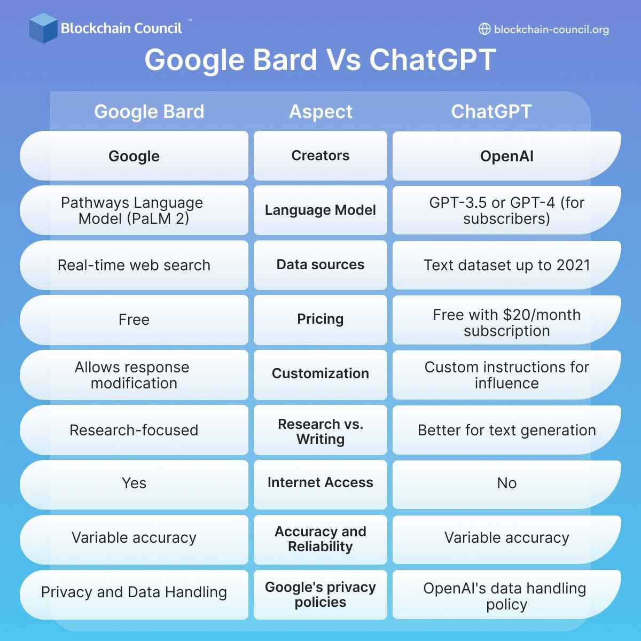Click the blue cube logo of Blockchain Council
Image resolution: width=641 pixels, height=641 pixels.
tap(43, 28)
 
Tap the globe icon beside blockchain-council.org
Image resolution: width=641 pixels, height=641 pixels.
tap(484, 29)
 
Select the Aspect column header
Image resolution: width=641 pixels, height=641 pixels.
tap(320, 112)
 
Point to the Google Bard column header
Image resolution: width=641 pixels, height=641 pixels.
tap(149, 112)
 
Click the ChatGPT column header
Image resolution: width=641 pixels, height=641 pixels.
tap(491, 112)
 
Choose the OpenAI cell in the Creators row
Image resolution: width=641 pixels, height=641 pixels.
tap(506, 156)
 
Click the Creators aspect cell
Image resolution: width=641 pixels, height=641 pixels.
tap(320, 155)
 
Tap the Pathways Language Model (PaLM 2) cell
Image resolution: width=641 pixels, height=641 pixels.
tap(134, 210)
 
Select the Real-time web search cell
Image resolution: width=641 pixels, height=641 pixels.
tap(134, 265)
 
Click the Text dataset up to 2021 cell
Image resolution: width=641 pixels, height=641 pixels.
tap(506, 265)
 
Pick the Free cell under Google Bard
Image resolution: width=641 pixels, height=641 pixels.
tap(134, 319)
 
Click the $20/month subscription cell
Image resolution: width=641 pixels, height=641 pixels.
tap(506, 323)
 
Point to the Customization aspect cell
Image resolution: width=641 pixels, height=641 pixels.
tap(320, 373)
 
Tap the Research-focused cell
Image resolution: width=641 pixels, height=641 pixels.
tap(134, 430)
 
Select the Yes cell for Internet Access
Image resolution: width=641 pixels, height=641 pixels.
tap(134, 483)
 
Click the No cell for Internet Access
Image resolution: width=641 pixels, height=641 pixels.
tap(506, 483)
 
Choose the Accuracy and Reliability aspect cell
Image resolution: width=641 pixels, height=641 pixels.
tap(320, 539)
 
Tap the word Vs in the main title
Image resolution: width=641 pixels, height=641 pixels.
tap(343, 59)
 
